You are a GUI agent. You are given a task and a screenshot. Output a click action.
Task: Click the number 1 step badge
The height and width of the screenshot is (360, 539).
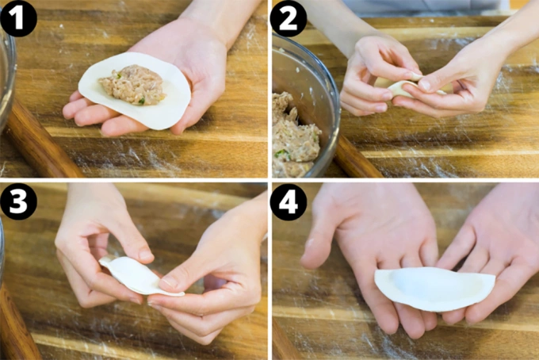click(x=18, y=18)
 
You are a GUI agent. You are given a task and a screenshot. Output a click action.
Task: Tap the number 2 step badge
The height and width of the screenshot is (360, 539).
click(x=288, y=18)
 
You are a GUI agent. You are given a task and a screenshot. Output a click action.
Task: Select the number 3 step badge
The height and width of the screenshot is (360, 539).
click(x=18, y=203)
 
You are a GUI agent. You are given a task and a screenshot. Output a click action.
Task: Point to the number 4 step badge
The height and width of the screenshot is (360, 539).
click(x=288, y=203)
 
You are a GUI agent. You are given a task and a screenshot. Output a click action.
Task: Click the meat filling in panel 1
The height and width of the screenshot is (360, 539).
click(x=132, y=85)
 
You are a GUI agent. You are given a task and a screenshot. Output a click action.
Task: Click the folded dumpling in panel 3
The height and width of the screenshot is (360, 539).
click(x=133, y=274)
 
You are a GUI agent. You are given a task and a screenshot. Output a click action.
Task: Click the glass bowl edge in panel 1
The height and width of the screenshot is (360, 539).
click(x=7, y=79)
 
